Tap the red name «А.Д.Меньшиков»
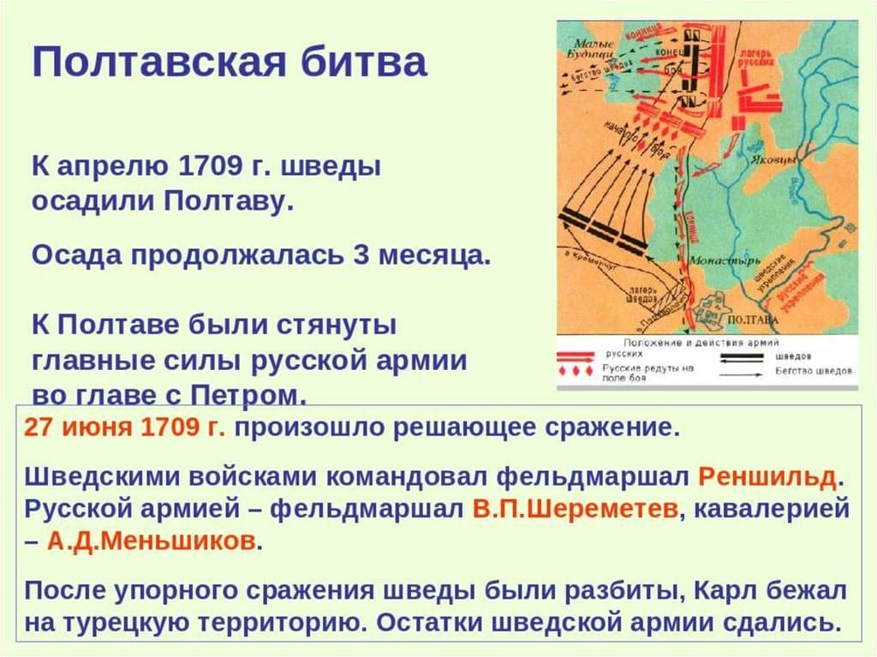152,541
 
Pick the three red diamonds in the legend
576,371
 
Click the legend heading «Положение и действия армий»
707,341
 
